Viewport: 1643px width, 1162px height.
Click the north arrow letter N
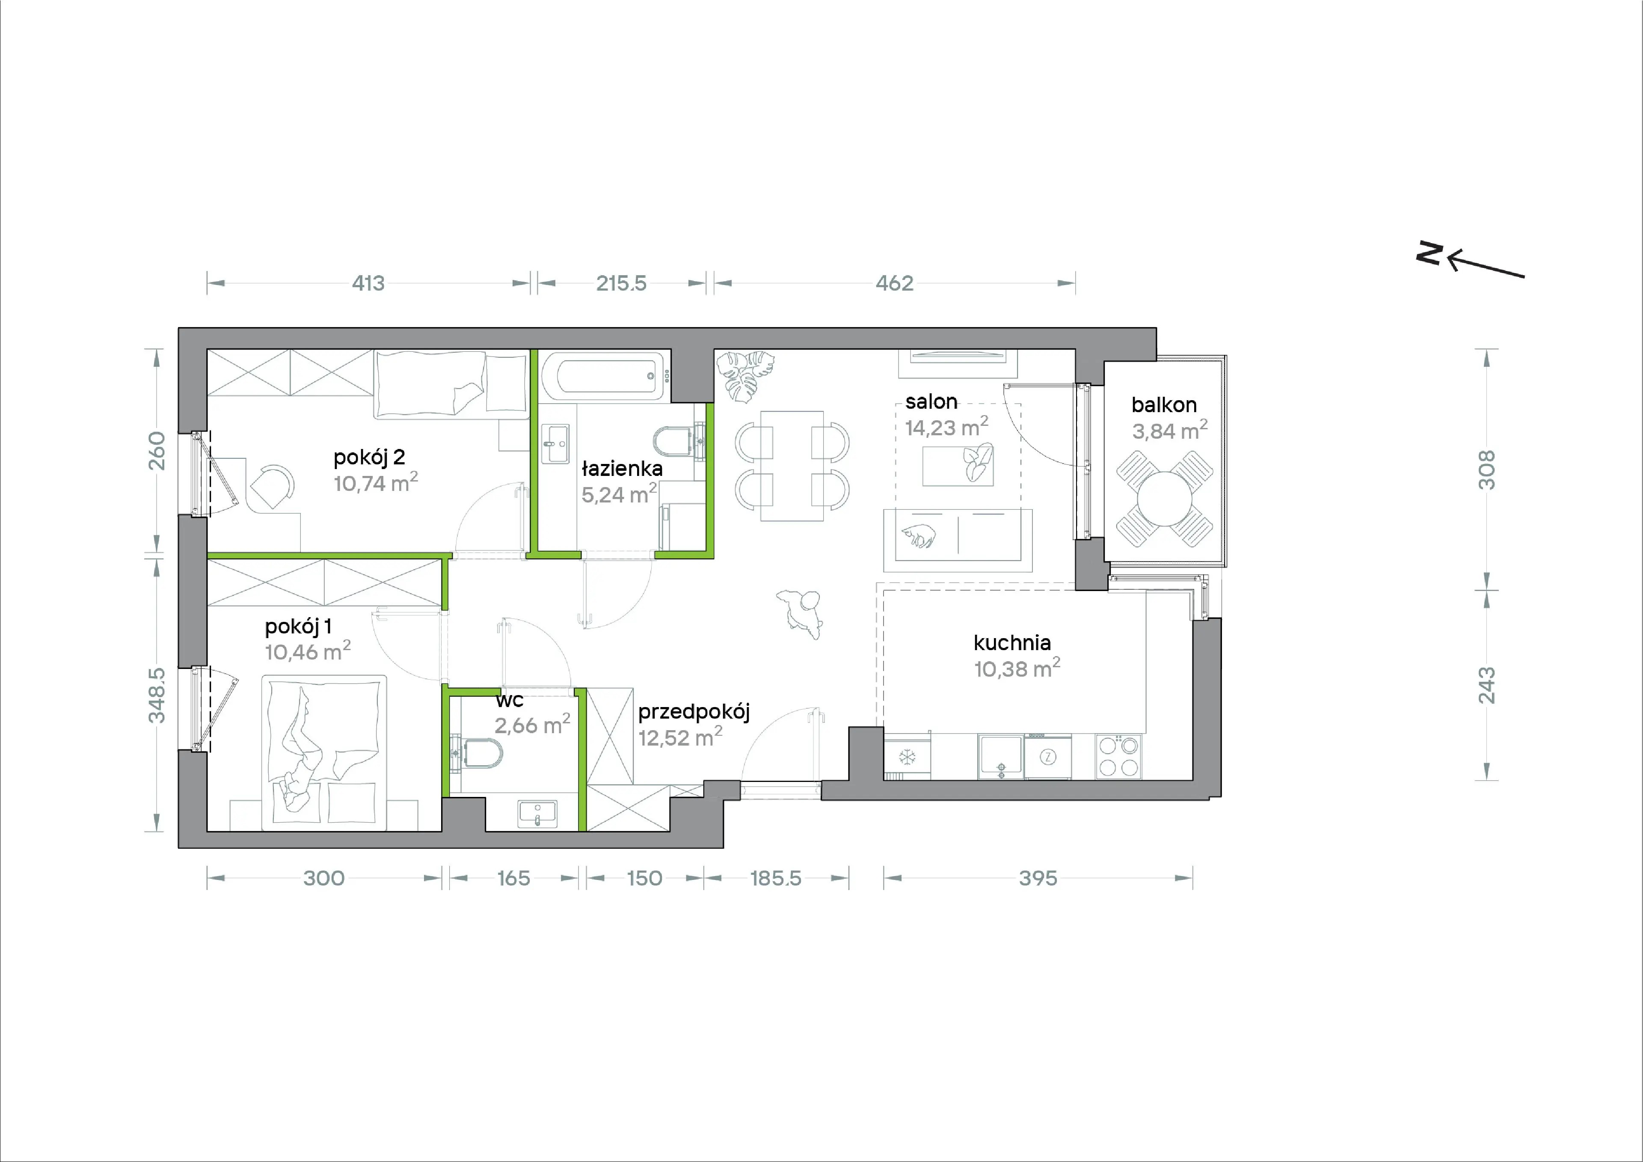1429,253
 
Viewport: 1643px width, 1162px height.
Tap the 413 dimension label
368,283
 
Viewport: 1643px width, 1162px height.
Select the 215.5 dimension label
621,283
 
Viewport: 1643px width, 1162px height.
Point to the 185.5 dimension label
776,879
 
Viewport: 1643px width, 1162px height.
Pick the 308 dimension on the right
1486,470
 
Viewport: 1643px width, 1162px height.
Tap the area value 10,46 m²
308,651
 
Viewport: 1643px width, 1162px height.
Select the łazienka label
622,469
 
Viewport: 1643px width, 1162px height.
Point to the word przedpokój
694,712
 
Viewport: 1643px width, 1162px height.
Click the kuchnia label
1012,642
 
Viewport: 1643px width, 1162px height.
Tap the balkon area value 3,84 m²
1170,430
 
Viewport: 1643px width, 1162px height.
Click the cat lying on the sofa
918,535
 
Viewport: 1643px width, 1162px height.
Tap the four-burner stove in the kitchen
1118,757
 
